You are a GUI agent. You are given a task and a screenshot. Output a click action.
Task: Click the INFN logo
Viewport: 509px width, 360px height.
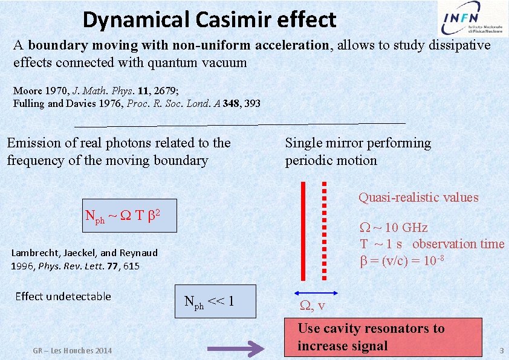pyautogui.click(x=471, y=20)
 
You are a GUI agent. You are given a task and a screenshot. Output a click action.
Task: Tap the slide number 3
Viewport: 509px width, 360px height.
pyautogui.click(x=501, y=351)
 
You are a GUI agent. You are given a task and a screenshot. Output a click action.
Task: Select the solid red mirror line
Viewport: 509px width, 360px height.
pyautogui.click(x=304, y=231)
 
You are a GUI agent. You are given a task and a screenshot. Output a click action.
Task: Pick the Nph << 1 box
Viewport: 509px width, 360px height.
pyautogui.click(x=216, y=301)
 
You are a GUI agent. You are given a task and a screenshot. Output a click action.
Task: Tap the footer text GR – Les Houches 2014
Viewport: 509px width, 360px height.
pyautogui.click(x=73, y=351)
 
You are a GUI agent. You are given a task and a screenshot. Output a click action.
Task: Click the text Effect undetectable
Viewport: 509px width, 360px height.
pyautogui.click(x=63, y=296)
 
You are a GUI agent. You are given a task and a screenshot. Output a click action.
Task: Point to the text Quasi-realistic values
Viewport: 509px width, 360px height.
pyautogui.click(x=418, y=198)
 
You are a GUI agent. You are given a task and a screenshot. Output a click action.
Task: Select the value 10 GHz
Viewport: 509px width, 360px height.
pyautogui.click(x=406, y=228)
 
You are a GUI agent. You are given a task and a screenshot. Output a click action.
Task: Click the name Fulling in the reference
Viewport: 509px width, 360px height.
pyautogui.click(x=29, y=103)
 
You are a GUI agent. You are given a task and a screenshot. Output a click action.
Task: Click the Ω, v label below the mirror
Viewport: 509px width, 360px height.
pyautogui.click(x=313, y=306)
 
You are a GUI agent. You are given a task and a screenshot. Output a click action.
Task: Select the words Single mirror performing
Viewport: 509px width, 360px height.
pyautogui.click(x=358, y=143)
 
